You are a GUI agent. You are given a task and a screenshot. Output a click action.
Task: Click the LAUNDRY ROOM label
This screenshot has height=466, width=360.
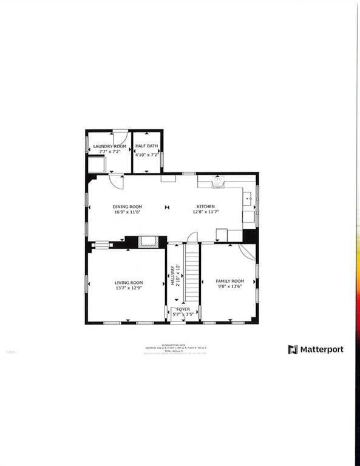pos(109,146)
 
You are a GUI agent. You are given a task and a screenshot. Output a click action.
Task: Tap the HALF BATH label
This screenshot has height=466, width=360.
pos(146,146)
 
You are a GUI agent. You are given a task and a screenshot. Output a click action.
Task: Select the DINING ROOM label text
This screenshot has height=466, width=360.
pos(127,207)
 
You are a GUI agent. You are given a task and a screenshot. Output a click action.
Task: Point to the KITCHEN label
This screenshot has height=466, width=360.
pos(205,207)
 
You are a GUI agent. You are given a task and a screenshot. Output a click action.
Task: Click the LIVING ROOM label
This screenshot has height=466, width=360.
pos(129,282)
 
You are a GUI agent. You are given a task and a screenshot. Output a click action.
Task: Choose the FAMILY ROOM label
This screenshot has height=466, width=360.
pos(229,281)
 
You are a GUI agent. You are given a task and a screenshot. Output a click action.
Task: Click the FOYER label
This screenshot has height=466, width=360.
pos(183,309)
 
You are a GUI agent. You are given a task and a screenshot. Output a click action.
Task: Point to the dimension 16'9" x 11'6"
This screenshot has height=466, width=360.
pos(127,212)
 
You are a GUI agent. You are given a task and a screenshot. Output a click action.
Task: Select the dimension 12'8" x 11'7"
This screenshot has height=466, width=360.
pos(205,212)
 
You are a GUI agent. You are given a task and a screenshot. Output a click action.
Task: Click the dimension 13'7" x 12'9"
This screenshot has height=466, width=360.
pos(129,288)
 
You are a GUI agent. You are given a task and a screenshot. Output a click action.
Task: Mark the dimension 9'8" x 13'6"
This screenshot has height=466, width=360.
pos(229,286)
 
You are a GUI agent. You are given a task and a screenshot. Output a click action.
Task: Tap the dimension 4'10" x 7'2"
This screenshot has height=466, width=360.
pos(146,154)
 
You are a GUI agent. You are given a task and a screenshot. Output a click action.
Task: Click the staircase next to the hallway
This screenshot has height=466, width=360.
pos(192,276)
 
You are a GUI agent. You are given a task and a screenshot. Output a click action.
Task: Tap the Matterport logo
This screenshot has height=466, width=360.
pos(316,349)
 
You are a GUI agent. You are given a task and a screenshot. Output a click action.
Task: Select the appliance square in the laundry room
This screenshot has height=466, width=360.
pos(95,164)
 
